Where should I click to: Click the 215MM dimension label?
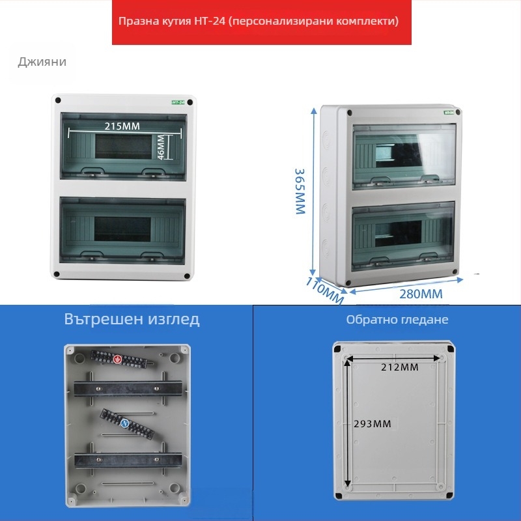pos(122,126)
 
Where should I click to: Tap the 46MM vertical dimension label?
pos(161,147)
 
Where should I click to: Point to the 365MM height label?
pos(300,191)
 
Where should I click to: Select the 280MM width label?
pos(421,294)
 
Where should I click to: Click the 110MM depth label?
pos(324,290)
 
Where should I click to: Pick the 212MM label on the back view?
pos(399,367)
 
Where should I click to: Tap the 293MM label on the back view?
pos(372,424)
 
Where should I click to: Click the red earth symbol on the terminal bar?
pos(118,359)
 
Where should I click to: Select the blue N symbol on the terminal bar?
pos(124,423)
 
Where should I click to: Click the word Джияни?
pos(42,62)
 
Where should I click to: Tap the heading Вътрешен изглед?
pos(132,319)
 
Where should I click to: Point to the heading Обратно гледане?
pos(397,320)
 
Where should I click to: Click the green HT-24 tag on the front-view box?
pos(178,102)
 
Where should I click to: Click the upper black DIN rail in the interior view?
pos(128,388)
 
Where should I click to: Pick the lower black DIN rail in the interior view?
pos(128,460)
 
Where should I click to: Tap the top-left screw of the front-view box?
pos(58,100)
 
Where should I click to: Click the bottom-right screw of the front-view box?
pos(187,276)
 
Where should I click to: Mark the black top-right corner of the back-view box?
pos(451,349)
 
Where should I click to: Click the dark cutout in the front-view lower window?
pos(122,229)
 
